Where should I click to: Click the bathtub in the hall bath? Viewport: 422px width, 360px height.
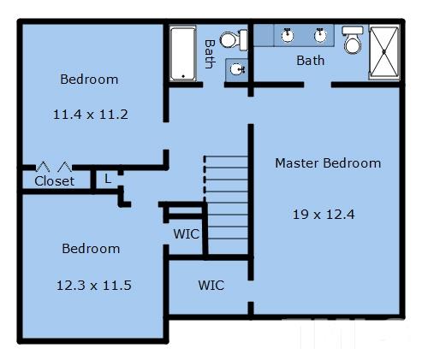tap(183, 54)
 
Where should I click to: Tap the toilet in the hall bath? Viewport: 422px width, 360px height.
tap(234, 40)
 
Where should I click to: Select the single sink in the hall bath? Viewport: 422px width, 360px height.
tap(237, 69)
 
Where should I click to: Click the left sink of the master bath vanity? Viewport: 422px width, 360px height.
tap(288, 35)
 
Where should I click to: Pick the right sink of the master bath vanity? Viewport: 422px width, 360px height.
tap(320, 35)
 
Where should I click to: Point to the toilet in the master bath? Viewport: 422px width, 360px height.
tap(353, 40)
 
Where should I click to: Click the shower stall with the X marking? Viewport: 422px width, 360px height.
tap(383, 52)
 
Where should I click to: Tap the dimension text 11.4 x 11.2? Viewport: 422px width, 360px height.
tap(91, 115)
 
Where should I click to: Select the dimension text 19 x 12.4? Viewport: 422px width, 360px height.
tap(324, 215)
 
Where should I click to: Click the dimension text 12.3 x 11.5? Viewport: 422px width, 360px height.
tap(94, 286)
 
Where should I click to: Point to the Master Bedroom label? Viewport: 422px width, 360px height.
tap(328, 163)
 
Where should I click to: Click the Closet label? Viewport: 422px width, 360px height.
tap(54, 181)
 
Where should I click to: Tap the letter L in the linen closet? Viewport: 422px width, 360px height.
tap(108, 179)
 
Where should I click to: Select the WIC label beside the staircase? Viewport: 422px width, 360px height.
tap(187, 234)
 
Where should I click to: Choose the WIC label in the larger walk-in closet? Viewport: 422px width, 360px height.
tap(211, 286)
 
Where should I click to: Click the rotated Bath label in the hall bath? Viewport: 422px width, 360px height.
tap(210, 54)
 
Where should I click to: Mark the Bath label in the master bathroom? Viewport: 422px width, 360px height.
tap(311, 61)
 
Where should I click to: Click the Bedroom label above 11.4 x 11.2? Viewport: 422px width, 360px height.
tap(89, 80)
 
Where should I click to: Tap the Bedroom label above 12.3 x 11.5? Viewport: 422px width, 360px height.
tap(91, 249)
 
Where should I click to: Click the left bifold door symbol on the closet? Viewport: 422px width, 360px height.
tap(43, 167)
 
